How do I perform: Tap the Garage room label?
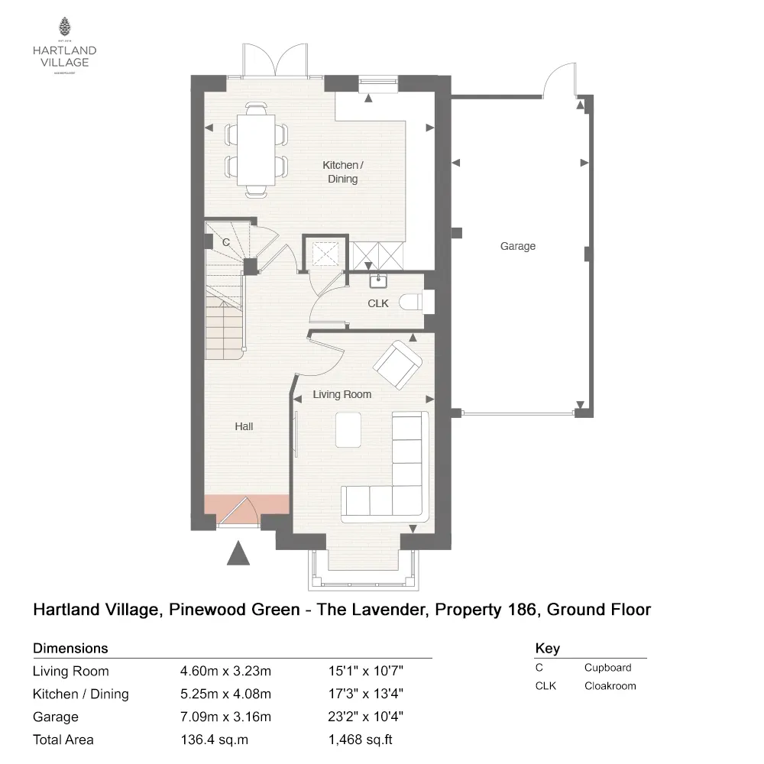pyautogui.click(x=517, y=246)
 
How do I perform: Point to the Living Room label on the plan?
pyautogui.click(x=342, y=394)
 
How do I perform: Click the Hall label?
pyautogui.click(x=244, y=426)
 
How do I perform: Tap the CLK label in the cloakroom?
pyautogui.click(x=378, y=303)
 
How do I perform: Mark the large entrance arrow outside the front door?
pyautogui.click(x=239, y=552)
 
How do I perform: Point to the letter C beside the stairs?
pyautogui.click(x=225, y=242)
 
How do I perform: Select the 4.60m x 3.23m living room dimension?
pyautogui.click(x=226, y=672)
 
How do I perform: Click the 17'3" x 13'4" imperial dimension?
pyautogui.click(x=365, y=694)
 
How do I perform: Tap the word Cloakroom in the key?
pyautogui.click(x=610, y=685)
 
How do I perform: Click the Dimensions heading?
pyautogui.click(x=70, y=649)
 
